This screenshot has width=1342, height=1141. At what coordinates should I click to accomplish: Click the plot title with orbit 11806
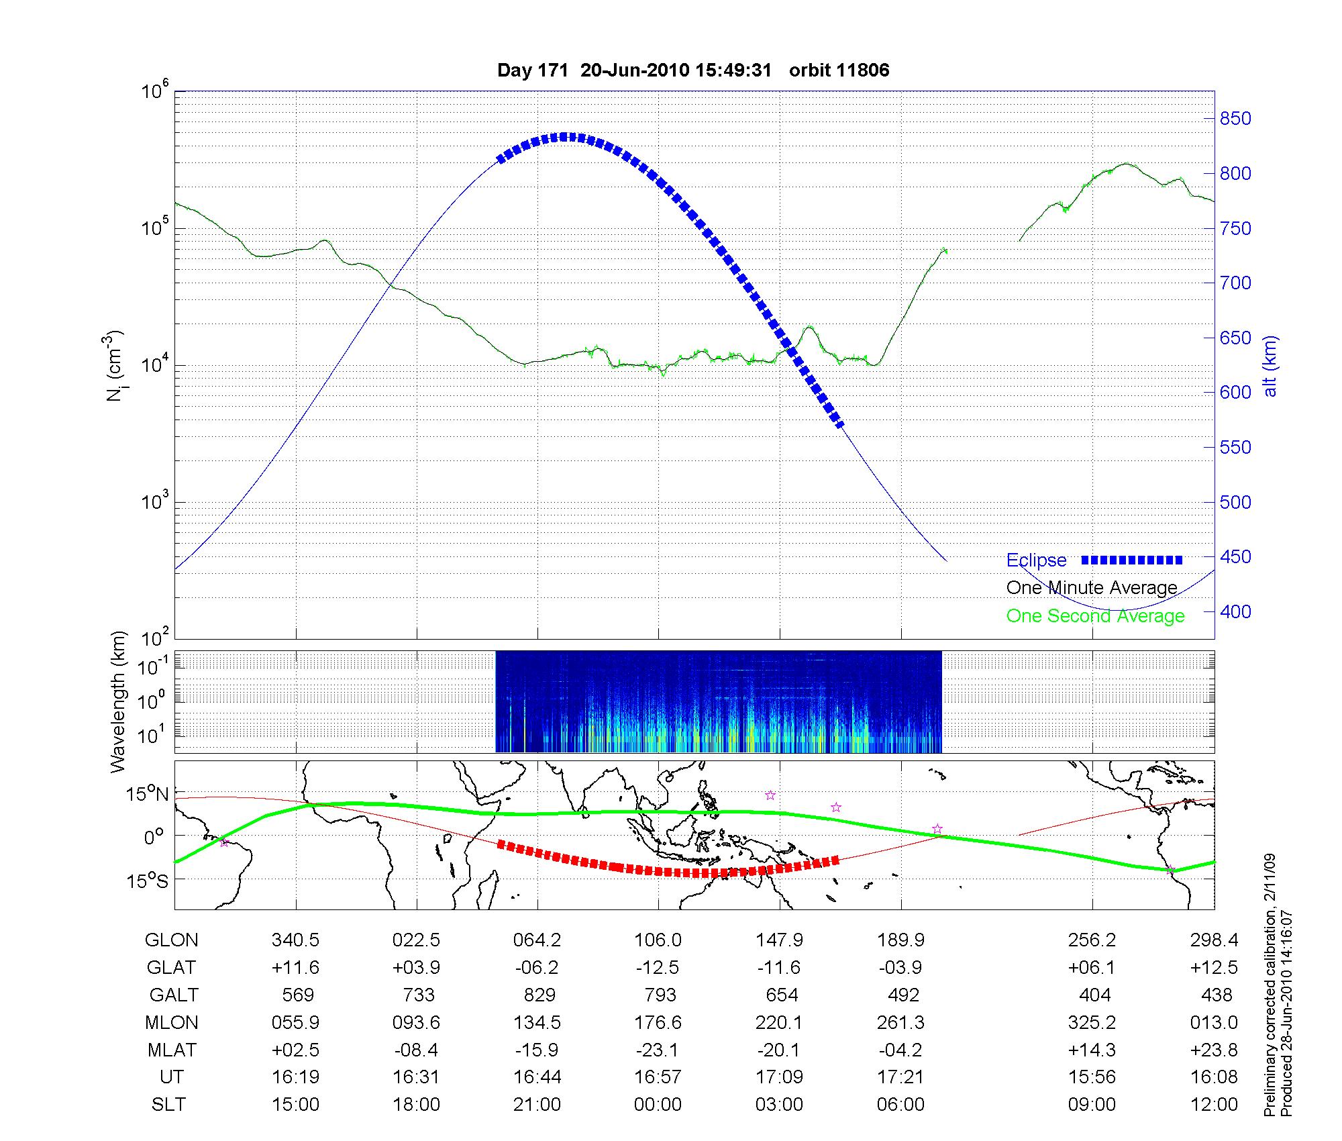coord(693,70)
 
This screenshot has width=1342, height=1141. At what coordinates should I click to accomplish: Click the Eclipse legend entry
coord(1036,560)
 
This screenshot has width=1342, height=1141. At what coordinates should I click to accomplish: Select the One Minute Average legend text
coord(1092,588)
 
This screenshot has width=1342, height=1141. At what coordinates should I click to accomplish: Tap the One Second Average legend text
coord(1095,616)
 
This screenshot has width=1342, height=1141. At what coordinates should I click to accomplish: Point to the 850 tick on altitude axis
coord(1235,119)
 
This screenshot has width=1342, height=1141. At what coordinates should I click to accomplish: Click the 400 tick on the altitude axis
coord(1235,611)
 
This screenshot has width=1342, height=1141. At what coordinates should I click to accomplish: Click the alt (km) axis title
coord(1270,366)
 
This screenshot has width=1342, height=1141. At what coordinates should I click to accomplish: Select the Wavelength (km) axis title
coord(118,702)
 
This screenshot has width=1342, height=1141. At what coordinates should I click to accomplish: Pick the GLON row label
coord(171,940)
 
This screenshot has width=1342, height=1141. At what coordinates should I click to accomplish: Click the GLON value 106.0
coord(658,940)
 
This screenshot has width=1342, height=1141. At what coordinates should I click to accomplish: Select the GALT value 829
coord(537,995)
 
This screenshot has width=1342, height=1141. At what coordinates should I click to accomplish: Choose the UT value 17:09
coord(779,1077)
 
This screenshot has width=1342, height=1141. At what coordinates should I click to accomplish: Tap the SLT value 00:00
coord(658,1105)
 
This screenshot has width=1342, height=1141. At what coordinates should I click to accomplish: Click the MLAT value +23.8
coord(1214,1050)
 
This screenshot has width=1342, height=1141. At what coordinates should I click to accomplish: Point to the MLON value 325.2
coord(1092,1022)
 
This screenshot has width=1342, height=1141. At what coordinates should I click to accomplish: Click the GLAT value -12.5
coord(658,968)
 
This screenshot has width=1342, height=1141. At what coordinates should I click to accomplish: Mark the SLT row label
coord(168,1105)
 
